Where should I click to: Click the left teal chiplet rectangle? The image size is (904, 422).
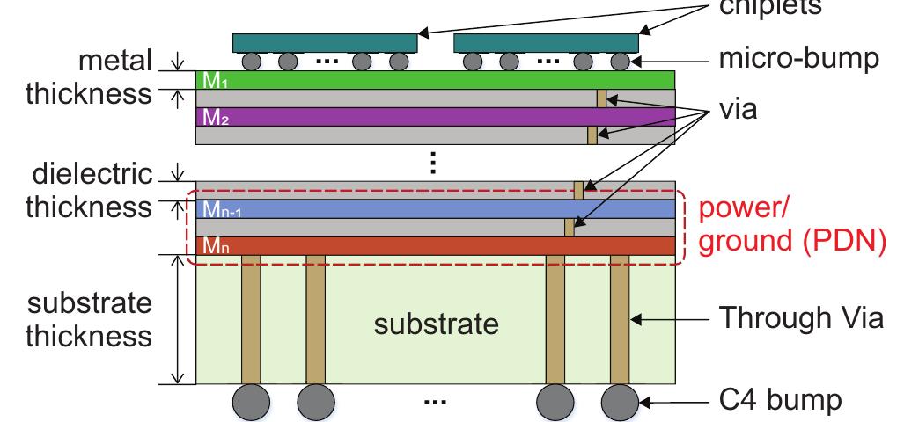pos(325,43)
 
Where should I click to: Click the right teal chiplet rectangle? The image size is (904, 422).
pos(547,43)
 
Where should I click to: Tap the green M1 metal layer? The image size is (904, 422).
pos(435,80)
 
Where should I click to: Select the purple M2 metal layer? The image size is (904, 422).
pos(435,117)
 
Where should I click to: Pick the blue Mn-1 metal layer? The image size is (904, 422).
pos(435,208)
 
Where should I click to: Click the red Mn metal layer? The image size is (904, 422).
pos(435,245)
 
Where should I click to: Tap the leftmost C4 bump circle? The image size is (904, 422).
pos(250,402)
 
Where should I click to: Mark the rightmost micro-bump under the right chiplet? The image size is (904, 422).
pos(621,62)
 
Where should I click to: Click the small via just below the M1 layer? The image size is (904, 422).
pos(602,98)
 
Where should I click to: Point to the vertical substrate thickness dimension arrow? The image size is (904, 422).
pos(179,319)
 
